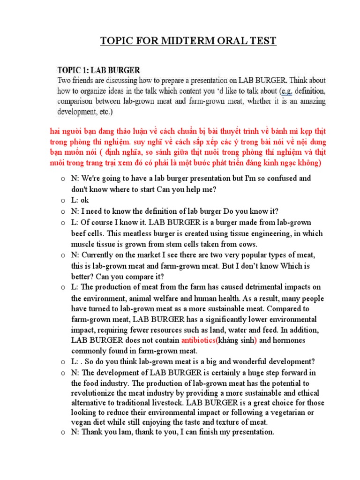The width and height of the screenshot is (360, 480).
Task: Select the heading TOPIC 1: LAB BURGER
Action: [98, 70]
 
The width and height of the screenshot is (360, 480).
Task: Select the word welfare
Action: [153, 298]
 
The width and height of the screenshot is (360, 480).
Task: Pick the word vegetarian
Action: [281, 412]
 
